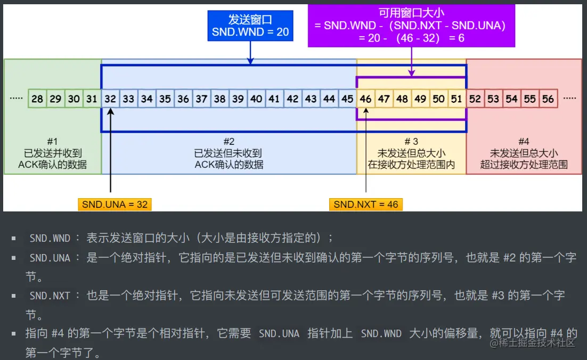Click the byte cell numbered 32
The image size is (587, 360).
coord(110,99)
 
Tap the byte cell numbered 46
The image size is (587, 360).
coord(365,99)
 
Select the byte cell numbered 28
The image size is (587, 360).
coord(37,99)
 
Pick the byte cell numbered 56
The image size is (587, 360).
coord(548,99)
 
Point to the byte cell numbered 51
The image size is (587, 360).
coord(456,99)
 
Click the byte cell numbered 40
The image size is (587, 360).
coord(256,99)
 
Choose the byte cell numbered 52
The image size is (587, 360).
coord(475,99)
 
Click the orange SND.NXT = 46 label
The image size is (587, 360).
coord(365,204)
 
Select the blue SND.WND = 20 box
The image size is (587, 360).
coord(250,26)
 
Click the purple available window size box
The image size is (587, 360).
coord(411,25)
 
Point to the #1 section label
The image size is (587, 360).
coord(52,141)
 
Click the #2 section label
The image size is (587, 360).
coord(229,141)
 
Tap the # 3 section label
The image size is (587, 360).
coord(411,141)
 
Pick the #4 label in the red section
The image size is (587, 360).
coord(524,141)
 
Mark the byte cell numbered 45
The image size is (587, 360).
coord(347,99)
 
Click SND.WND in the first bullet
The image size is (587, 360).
coord(50,239)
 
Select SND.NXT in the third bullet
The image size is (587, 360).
coord(50,296)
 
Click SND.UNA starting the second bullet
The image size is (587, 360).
coord(50,258)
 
